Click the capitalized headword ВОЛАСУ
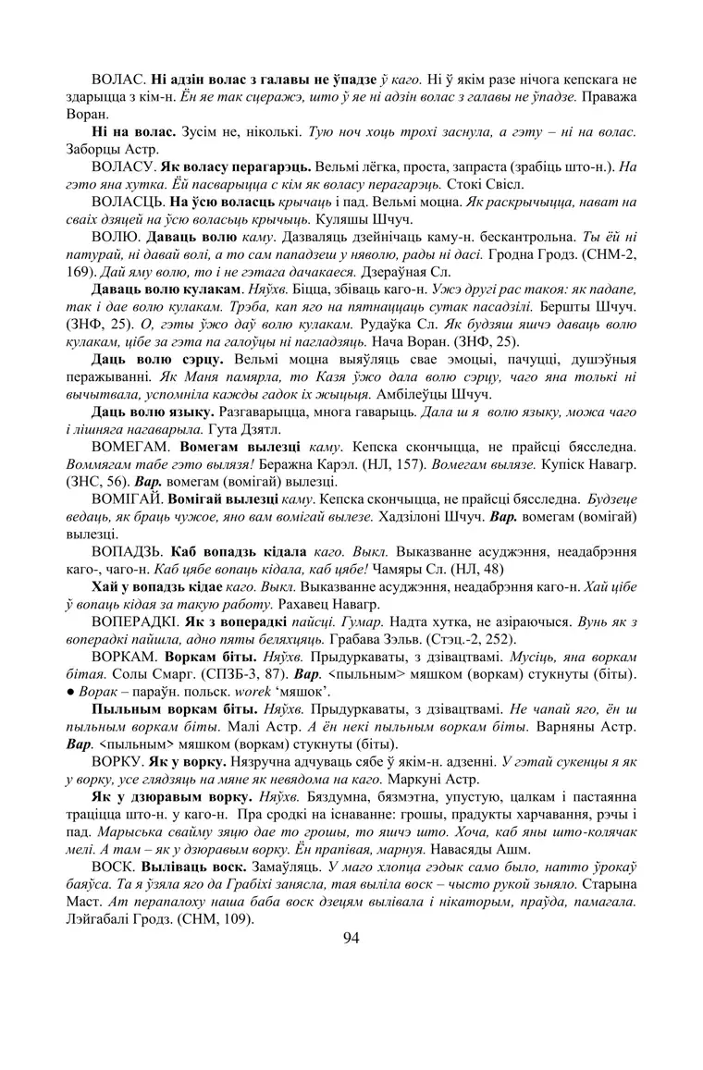click(123, 167)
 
